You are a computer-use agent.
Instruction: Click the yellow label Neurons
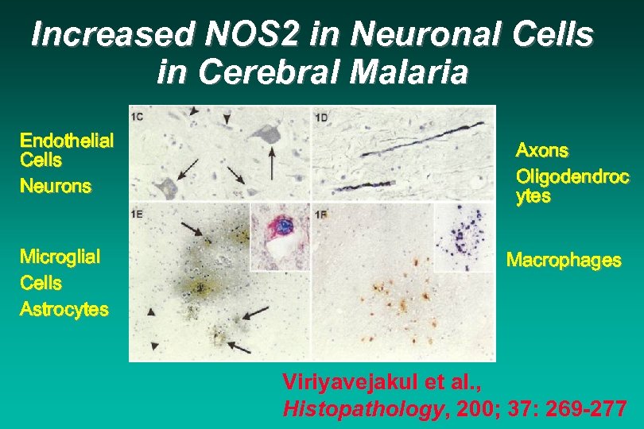point(56,187)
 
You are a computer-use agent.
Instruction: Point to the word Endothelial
point(67,141)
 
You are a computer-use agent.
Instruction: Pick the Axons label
point(542,150)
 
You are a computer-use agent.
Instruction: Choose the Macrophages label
point(564,260)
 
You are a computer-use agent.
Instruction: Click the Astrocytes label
point(64,309)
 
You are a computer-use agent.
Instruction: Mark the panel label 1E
point(137,213)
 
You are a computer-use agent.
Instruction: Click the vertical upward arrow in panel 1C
point(273,163)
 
